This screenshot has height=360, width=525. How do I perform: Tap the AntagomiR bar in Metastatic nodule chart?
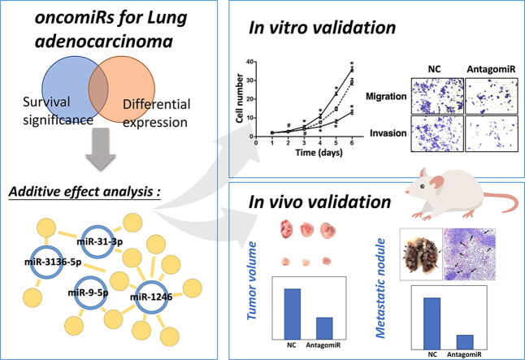pyautogui.click(x=466, y=336)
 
